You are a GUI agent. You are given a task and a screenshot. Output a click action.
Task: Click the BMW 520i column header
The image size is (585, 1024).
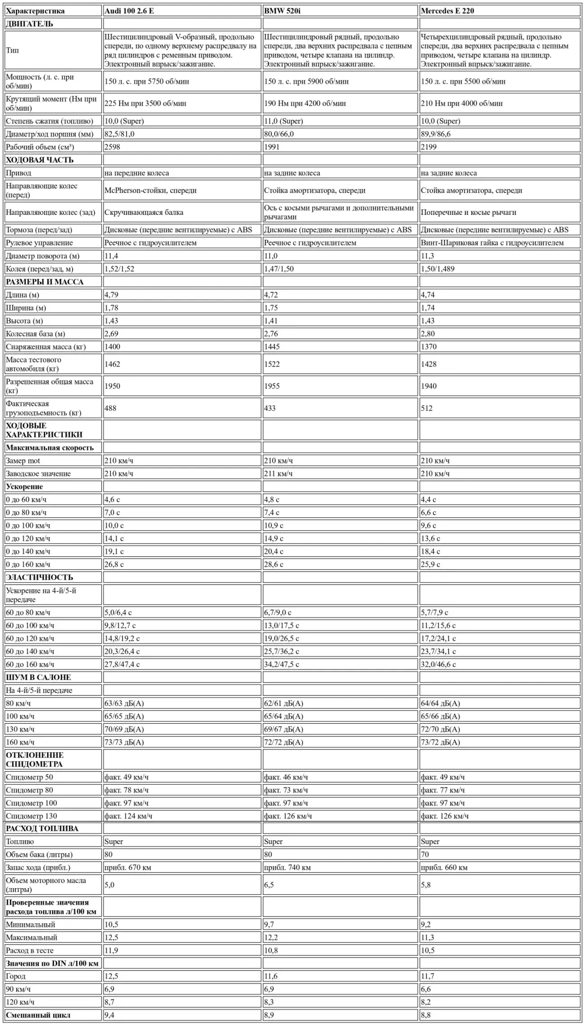pos(282,11)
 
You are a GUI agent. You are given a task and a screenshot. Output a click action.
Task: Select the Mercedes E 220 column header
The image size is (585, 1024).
pos(447,11)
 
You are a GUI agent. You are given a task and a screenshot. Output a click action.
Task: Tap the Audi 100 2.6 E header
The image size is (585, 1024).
pos(129,11)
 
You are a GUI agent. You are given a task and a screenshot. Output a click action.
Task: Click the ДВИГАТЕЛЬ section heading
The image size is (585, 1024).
pos(29,24)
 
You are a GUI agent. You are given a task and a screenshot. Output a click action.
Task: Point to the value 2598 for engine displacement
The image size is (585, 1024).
pos(112,147)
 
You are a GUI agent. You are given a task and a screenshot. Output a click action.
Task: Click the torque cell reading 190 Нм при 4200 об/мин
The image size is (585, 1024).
pos(305,103)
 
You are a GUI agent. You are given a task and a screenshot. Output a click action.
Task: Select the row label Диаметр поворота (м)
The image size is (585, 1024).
pos(42,256)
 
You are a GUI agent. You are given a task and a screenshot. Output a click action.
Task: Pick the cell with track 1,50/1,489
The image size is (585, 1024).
pos(437,269)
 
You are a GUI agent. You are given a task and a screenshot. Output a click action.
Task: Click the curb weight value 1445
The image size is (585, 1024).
pos(272,347)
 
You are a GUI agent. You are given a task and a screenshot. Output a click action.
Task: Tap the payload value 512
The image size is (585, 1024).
pos(427,408)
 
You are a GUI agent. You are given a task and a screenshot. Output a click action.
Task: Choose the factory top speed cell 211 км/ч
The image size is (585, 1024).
pos(278,474)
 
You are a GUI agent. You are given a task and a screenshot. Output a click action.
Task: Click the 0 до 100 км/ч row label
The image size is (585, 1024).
pos(28,526)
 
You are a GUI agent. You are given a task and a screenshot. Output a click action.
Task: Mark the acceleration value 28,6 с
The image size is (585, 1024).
pos(274,564)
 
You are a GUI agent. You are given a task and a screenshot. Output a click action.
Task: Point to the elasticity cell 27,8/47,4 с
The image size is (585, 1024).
pos(122,664)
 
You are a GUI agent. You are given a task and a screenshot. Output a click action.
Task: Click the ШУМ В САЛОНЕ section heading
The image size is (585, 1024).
pos(38,677)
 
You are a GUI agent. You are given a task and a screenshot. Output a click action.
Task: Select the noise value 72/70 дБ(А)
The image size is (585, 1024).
pos(440,729)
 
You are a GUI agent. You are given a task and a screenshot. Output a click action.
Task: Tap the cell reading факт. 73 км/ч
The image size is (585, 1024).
pos(286,790)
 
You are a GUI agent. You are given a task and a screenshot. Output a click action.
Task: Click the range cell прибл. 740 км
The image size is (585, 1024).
pos(287,867)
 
